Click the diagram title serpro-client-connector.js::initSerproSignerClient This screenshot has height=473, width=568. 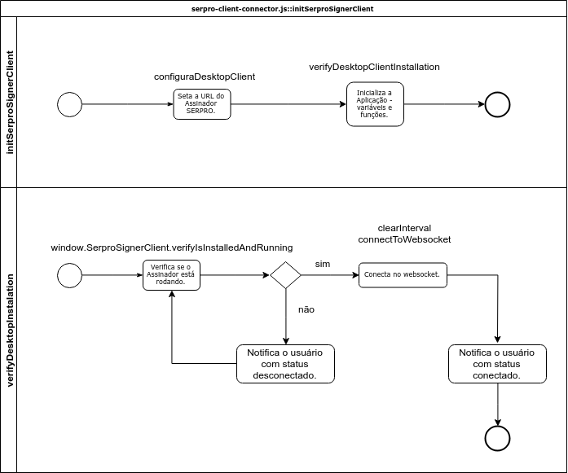pos(282,9)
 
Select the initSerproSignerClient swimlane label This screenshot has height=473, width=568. pos(10,103)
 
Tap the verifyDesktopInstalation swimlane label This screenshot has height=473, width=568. pos(10,330)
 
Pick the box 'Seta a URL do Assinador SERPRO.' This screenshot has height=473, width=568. pos(202,104)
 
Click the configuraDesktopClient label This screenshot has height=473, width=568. pos(205,77)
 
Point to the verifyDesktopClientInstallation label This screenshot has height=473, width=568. pos(374,67)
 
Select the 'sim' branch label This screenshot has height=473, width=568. pos(323,265)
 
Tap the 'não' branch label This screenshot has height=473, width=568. pos(306,310)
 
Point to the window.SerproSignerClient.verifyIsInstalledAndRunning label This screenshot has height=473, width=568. pos(172,248)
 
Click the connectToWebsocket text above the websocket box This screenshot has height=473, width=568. pos(404,239)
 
